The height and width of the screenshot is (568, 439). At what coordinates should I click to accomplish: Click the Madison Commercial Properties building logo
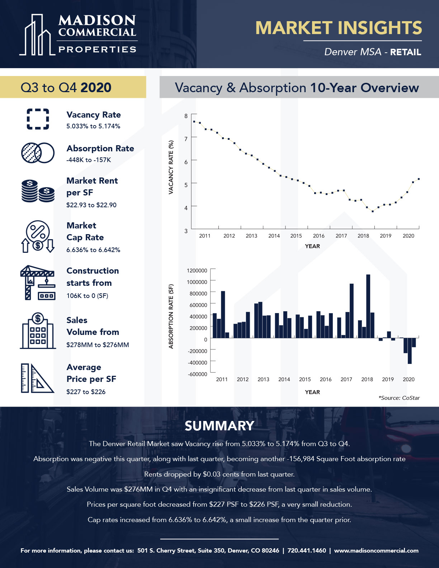pos(37,35)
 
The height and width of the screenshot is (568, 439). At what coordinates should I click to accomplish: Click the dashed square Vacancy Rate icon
pos(38,119)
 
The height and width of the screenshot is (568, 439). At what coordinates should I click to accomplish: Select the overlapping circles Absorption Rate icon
pos(38,153)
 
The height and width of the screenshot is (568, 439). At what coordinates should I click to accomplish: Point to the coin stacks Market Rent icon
pos(38,191)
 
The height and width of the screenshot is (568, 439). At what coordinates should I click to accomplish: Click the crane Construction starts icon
pos(38,283)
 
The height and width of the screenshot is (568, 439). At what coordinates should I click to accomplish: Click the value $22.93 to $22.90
pos(91,205)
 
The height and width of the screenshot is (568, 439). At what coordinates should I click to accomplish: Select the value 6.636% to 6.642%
pos(93,250)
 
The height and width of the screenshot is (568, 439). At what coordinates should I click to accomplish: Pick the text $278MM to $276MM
pos(98,345)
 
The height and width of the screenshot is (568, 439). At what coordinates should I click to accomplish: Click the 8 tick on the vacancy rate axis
pos(186,116)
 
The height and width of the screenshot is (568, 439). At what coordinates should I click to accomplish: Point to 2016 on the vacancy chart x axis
pos(319,236)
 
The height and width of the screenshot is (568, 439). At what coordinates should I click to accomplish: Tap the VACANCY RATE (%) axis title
pos(171,167)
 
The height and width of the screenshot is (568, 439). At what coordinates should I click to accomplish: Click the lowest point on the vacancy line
pos(373,211)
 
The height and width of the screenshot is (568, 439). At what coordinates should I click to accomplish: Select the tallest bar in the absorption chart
pos(368,306)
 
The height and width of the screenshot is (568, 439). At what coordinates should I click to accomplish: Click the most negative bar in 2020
pos(410,351)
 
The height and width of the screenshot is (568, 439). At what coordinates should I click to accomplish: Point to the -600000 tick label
pos(197,374)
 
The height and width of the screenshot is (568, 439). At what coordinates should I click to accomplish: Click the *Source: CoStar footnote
pos(399,398)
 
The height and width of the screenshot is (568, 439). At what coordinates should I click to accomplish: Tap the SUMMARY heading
pos(219,426)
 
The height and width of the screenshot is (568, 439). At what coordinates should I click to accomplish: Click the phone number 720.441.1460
pos(307,550)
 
